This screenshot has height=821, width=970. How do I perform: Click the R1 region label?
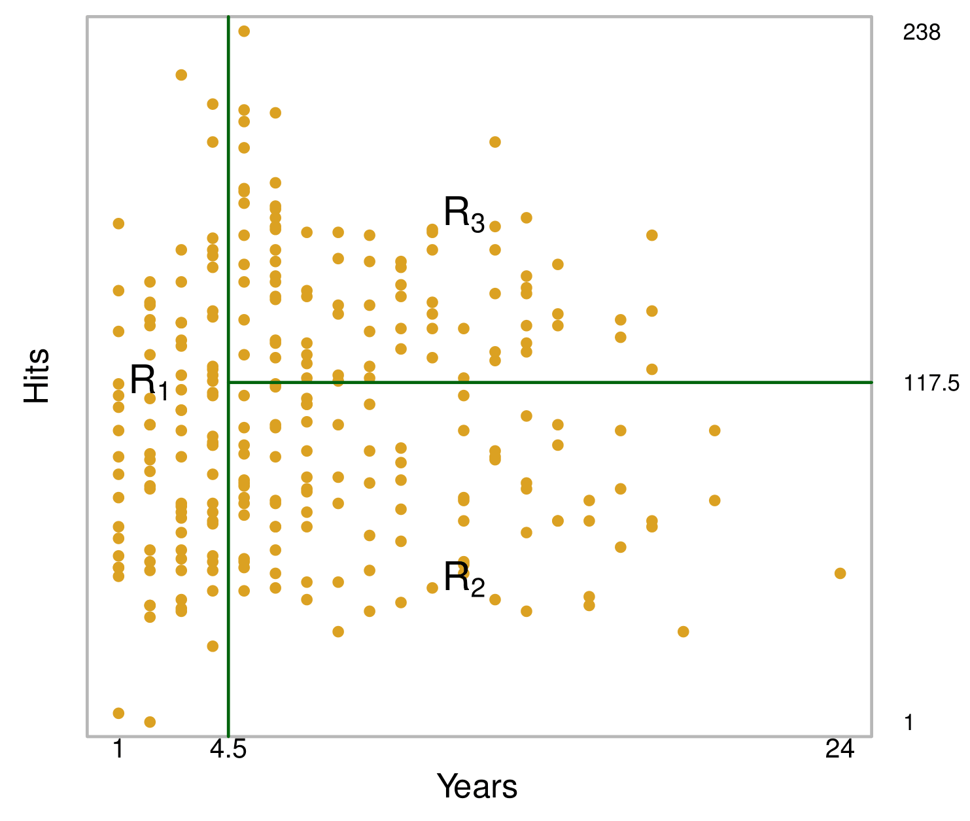[x=149, y=381]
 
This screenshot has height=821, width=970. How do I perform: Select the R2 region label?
[x=464, y=578]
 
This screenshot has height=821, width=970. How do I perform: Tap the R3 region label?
[x=464, y=213]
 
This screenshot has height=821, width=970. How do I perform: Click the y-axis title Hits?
[x=37, y=376]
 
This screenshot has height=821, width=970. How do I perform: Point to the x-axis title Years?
[x=477, y=786]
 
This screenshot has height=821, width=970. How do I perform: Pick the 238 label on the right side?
[x=922, y=33]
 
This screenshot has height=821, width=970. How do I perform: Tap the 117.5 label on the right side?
[x=931, y=383]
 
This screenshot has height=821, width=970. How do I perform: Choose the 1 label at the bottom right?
[x=909, y=723]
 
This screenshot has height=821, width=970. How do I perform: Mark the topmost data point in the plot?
[x=244, y=31]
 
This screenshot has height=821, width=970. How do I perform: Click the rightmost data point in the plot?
[x=840, y=574]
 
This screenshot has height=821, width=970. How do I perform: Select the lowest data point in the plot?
[x=150, y=722]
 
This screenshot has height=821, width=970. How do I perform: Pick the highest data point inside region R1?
[x=181, y=75]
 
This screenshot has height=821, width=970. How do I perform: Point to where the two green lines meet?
[x=228, y=382]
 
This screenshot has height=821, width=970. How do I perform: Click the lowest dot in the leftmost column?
[x=118, y=713]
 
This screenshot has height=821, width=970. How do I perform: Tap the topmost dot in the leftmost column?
[x=118, y=224]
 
